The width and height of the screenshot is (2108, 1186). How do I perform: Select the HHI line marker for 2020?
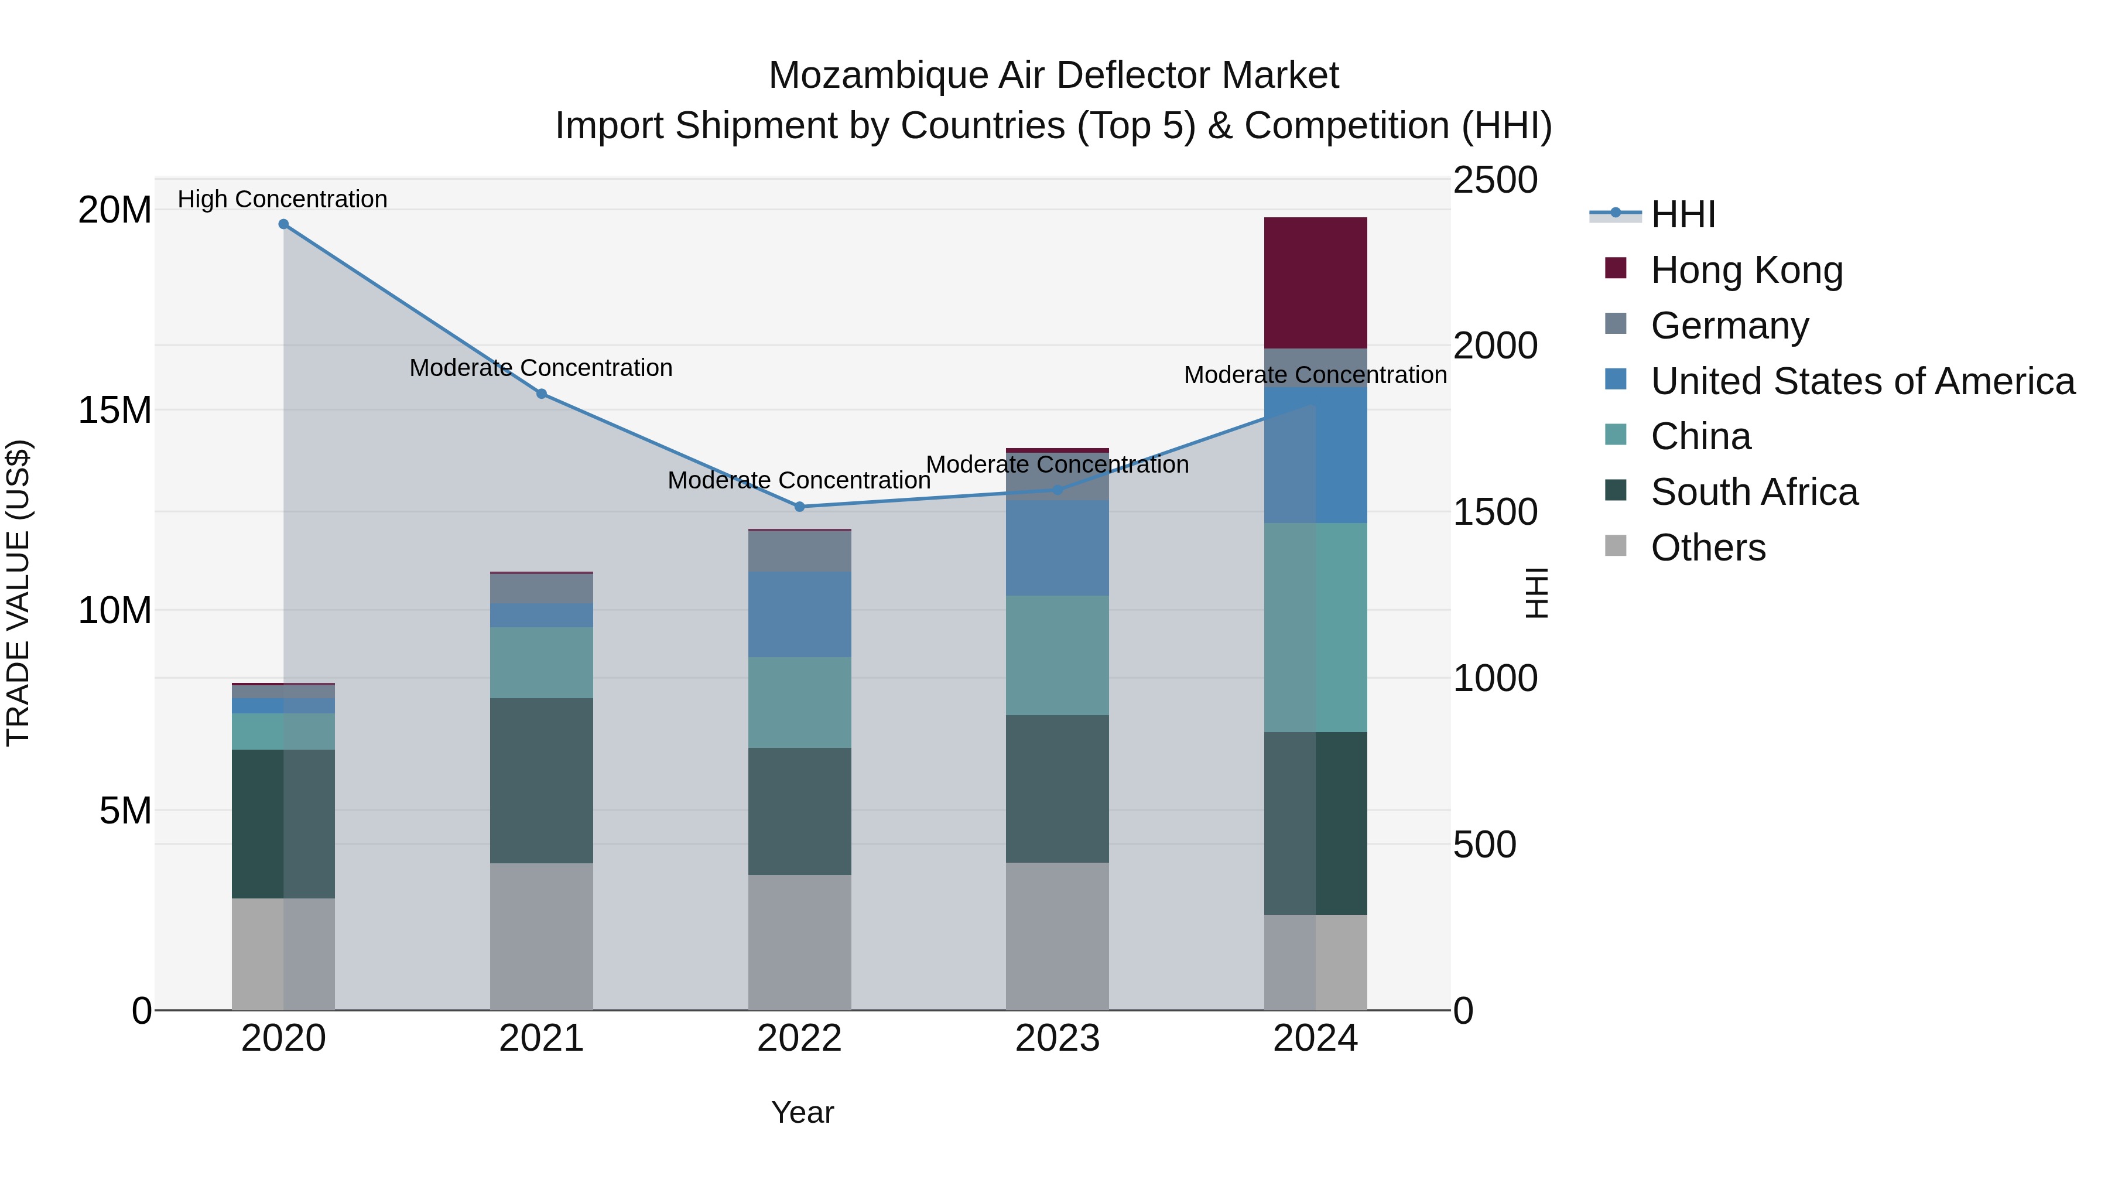click(283, 224)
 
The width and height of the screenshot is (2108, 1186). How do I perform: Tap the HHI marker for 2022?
click(799, 507)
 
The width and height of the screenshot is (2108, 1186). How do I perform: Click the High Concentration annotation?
click(282, 199)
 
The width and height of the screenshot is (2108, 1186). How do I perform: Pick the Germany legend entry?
click(1729, 326)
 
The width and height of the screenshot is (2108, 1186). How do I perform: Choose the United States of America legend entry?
click(1861, 381)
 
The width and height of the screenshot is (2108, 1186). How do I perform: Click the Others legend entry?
click(1708, 548)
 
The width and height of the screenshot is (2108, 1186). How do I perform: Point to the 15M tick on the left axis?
click(115, 410)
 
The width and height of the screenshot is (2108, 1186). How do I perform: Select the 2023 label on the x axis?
click(1058, 1038)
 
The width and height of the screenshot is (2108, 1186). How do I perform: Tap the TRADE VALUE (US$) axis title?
click(18, 593)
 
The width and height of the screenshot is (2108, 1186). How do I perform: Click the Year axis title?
click(802, 1112)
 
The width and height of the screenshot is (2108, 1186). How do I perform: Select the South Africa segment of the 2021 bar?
click(541, 780)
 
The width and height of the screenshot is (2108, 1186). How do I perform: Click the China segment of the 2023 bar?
click(1058, 655)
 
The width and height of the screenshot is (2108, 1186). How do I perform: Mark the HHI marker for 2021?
click(541, 394)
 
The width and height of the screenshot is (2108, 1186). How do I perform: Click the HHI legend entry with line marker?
click(1653, 214)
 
